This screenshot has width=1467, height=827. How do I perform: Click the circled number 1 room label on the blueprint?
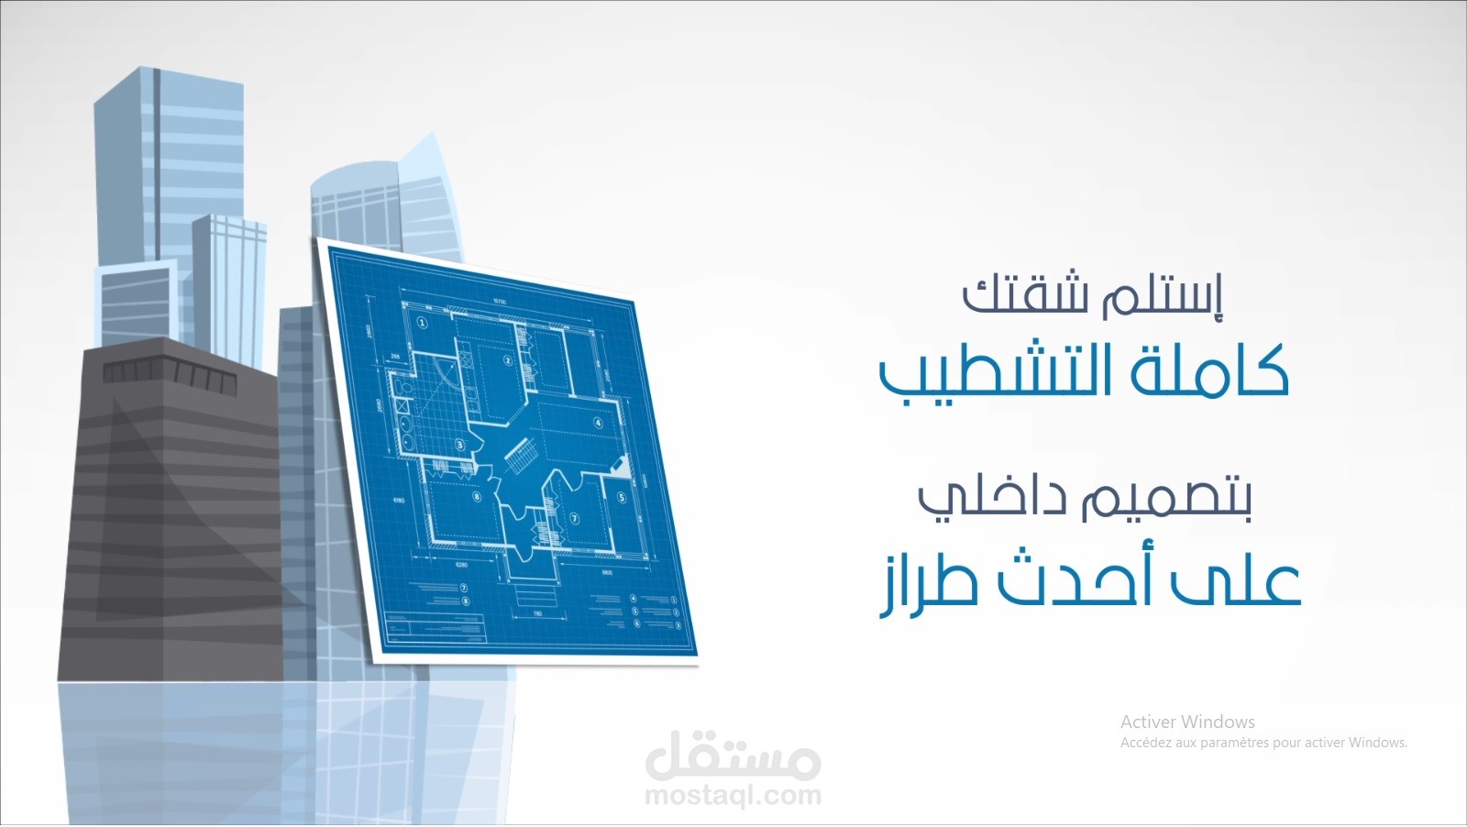point(422,323)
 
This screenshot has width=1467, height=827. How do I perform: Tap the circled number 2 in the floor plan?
point(507,361)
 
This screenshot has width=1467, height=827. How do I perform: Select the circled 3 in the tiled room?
point(460,446)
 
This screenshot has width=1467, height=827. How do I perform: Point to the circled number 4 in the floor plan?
point(598,423)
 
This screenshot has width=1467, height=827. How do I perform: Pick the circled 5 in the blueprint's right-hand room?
point(621,498)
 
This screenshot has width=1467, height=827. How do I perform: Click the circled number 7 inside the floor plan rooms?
point(575,518)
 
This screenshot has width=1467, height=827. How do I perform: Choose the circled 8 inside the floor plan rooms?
point(476,497)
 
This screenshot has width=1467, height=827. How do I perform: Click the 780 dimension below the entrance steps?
point(537,613)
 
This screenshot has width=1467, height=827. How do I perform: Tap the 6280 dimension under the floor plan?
point(461,565)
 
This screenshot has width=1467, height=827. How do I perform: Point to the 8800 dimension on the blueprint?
point(607,572)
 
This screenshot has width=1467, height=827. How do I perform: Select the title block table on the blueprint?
point(436,628)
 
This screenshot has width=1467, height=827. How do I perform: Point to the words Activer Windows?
point(1187,722)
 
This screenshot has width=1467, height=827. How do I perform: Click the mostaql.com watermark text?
point(733,795)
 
